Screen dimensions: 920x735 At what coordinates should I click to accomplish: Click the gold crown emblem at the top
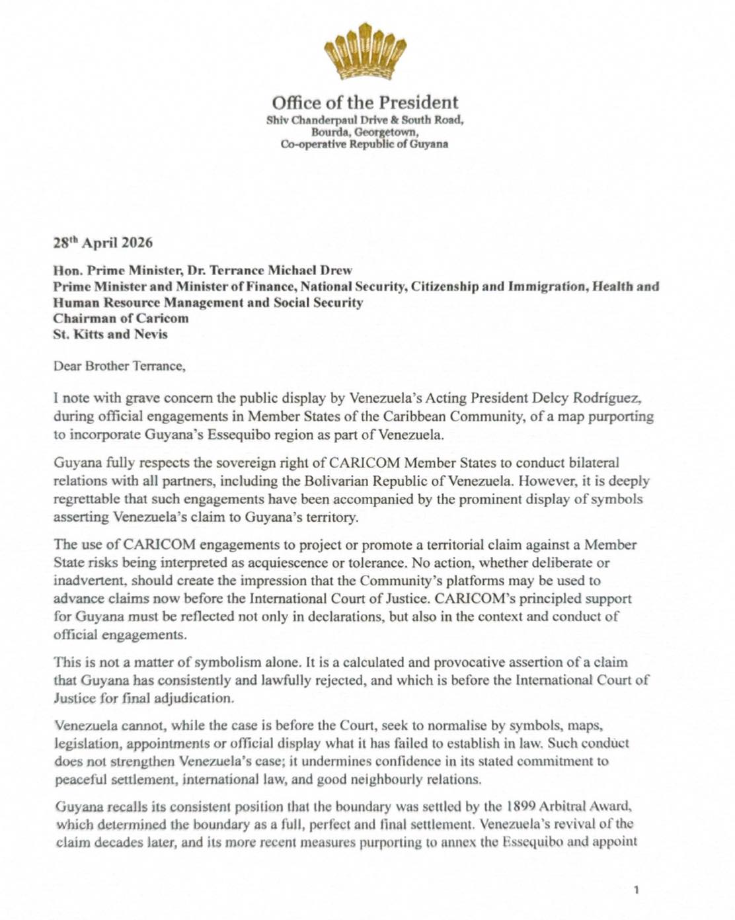coord(365,51)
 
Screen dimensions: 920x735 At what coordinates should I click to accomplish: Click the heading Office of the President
coord(365,103)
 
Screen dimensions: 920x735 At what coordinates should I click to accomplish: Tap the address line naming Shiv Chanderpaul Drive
coord(365,120)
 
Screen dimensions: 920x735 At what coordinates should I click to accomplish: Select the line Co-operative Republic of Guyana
coord(365,144)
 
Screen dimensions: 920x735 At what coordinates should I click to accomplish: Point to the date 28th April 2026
coord(103,242)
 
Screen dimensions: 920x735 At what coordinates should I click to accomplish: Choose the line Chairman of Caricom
coord(121,318)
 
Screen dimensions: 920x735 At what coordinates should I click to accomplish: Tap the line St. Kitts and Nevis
coord(110,334)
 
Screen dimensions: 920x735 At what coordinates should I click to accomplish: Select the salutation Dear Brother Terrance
coord(120,366)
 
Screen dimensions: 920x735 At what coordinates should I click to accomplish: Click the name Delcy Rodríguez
coord(588,398)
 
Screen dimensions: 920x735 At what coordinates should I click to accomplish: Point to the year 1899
coord(522,806)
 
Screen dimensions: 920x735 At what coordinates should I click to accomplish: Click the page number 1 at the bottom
coord(636,890)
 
